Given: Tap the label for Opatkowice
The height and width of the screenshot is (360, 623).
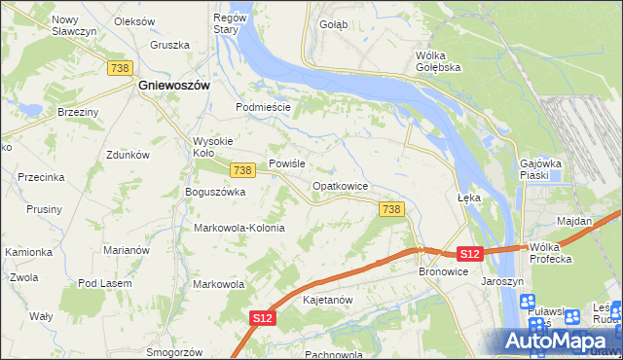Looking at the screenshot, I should tap(340, 185).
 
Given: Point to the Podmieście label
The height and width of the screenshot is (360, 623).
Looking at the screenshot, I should tap(264, 107).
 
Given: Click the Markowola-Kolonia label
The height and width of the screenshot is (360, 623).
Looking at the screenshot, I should tap(239, 228).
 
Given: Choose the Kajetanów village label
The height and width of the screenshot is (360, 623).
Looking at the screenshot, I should tap(327, 300).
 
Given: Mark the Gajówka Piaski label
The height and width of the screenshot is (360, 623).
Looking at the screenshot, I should tap(541, 169).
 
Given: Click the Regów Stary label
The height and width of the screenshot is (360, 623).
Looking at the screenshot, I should tap(226, 24).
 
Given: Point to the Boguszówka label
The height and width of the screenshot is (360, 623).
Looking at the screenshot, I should tap(215, 192).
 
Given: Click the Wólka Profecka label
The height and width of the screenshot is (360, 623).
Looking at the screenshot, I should tap(550, 253).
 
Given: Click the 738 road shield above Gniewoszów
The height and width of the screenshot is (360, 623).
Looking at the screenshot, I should tap(121, 66).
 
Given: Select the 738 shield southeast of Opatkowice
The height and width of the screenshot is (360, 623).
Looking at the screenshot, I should tap(391, 209).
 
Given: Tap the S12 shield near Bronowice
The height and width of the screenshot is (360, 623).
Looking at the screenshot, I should tap(469, 254).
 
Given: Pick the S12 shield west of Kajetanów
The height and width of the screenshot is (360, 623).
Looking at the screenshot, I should tap(261, 317).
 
